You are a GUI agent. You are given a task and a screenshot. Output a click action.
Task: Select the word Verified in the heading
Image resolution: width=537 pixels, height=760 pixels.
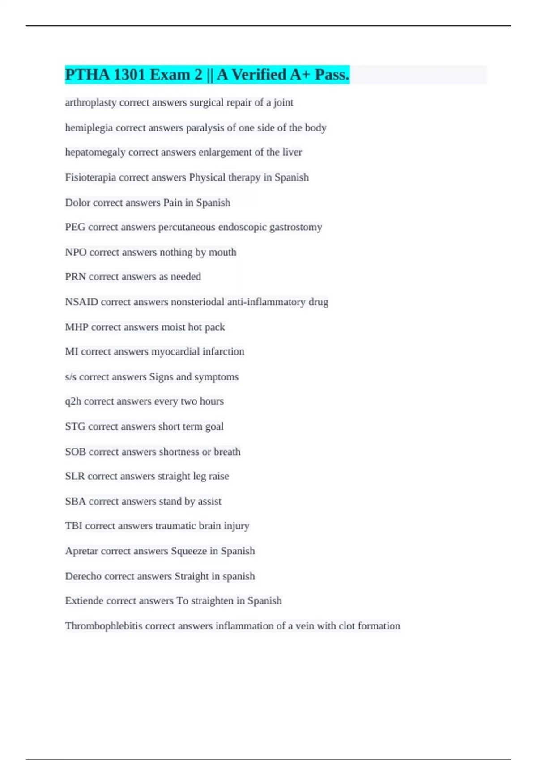(x=259, y=75)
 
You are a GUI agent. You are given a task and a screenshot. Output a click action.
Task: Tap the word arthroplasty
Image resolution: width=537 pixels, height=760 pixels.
(x=90, y=102)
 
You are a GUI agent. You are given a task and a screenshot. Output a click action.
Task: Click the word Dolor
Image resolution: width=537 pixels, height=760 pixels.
(x=77, y=203)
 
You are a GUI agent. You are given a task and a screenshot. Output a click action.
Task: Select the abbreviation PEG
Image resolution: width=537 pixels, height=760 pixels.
(x=75, y=227)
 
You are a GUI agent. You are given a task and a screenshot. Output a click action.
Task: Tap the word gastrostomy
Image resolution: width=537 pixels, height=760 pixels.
(x=295, y=227)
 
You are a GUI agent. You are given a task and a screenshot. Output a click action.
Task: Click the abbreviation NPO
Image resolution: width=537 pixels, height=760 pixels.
(x=76, y=252)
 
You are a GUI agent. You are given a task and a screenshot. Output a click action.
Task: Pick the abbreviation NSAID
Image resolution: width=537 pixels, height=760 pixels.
(x=81, y=302)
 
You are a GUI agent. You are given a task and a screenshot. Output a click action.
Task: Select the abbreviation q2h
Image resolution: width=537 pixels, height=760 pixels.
(x=73, y=401)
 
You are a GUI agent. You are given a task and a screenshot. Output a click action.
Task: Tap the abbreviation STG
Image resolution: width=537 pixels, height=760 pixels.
(x=75, y=426)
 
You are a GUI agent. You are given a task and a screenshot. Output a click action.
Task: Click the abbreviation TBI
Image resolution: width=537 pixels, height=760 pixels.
(x=73, y=526)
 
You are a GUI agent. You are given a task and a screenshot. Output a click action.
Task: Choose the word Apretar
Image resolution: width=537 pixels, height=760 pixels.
(x=81, y=551)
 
